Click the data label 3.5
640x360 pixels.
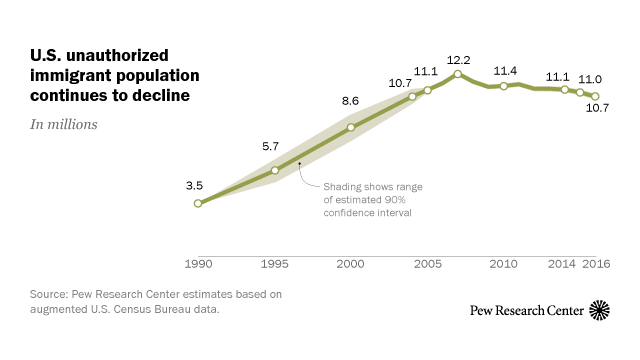pos(194,184)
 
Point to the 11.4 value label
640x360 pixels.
pos(506,70)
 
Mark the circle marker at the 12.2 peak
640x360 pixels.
pos(457,74)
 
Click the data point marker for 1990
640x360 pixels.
pos(198,203)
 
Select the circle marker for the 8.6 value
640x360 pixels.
pos(350,127)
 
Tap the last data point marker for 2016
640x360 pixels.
pos(595,96)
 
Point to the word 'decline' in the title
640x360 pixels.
pos(160,95)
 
